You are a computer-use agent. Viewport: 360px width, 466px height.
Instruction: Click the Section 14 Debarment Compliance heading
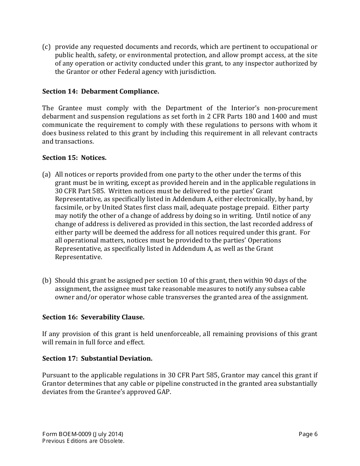click(100, 91)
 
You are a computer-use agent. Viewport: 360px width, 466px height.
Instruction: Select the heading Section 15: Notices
click(74, 158)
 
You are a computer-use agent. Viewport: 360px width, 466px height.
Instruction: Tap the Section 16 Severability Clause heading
click(93, 317)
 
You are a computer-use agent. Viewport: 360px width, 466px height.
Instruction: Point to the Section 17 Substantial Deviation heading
click(97, 358)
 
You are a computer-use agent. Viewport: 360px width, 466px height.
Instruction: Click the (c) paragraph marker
click(46, 47)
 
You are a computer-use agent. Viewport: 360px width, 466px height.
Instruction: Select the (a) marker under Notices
click(46, 174)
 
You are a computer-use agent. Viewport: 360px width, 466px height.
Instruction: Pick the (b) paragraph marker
click(46, 280)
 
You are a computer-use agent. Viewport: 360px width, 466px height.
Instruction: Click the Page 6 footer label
click(308, 434)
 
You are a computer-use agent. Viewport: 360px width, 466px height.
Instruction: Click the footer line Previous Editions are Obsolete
click(83, 441)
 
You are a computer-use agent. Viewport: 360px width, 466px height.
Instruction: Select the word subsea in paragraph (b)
click(272, 289)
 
